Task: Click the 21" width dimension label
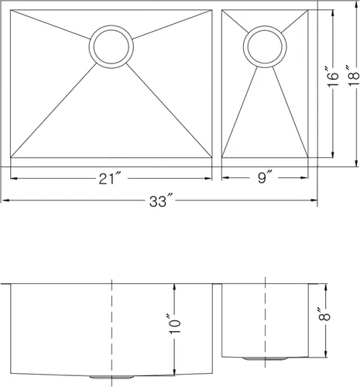pos(110,178)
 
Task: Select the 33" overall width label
pos(161,200)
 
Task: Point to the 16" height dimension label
pos(331,77)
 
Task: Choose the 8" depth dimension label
pos(324,313)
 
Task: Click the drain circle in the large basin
pos(111,25)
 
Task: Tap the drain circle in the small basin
pos(265,26)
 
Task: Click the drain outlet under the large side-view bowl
pos(111,377)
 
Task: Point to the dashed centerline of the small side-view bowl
pos(265,322)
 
